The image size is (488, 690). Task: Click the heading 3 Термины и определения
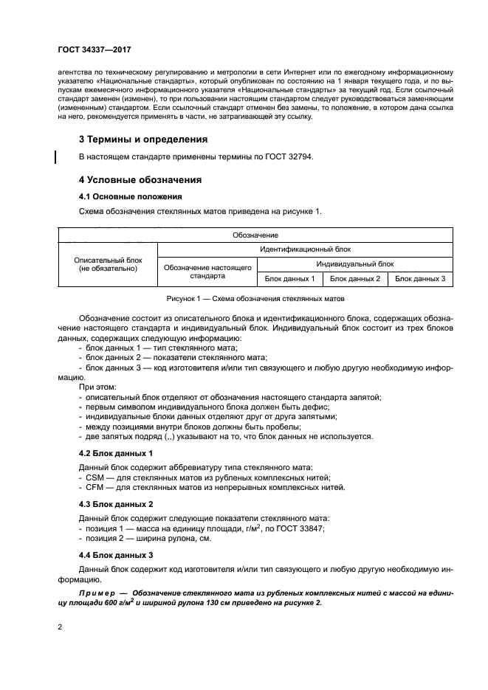click(142, 139)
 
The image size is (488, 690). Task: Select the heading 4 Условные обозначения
click(140, 180)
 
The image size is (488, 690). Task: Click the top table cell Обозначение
click(255, 235)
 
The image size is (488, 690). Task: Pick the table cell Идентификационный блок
click(305, 249)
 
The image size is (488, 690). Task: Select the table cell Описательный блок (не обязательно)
click(108, 264)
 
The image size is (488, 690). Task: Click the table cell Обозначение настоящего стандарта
click(207, 271)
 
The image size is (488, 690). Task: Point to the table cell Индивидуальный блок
click(354, 263)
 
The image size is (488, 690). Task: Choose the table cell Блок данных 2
click(354, 278)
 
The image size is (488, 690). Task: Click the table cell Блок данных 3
click(420, 278)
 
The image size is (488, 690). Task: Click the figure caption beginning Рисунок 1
click(255, 300)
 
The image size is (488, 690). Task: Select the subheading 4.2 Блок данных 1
click(115, 452)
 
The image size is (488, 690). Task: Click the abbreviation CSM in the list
click(94, 477)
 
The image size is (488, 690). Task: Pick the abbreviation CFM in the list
click(94, 487)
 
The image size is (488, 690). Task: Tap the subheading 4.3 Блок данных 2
click(115, 504)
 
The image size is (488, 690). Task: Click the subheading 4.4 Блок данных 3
click(115, 554)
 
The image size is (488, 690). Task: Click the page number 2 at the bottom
click(61, 627)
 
